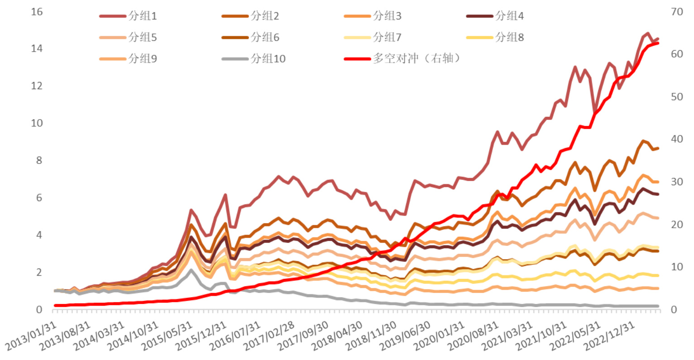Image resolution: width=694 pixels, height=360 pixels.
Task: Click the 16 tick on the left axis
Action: (x=37, y=11)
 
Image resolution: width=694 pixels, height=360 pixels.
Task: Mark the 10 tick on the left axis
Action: (x=37, y=123)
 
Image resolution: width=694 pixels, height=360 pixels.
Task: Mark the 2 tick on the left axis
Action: (x=39, y=272)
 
